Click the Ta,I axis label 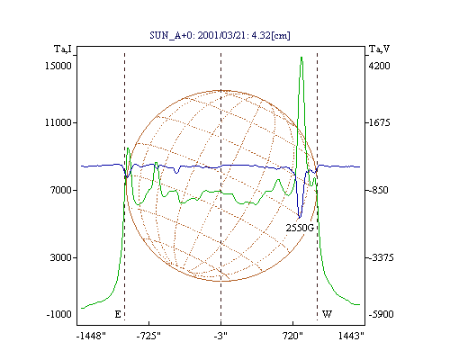[63, 49]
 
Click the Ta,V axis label [379, 49]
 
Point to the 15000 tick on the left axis [58, 66]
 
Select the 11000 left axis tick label [58, 122]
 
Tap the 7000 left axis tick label [61, 190]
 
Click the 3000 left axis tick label [61, 257]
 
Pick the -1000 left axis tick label [59, 314]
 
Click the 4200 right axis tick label [379, 66]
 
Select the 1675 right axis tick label [379, 122]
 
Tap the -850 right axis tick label [378, 190]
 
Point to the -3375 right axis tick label [381, 257]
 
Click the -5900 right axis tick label [381, 314]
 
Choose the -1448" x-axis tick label [91, 336]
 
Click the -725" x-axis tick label [148, 336]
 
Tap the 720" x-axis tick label [292, 336]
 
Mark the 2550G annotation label [300, 229]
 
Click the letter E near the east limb [118, 314]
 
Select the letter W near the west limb [327, 314]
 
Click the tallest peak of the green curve [301, 57]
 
